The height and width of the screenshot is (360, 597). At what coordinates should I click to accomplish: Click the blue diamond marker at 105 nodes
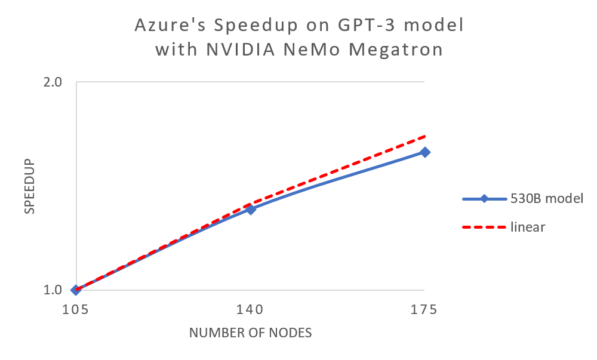[x=76, y=290]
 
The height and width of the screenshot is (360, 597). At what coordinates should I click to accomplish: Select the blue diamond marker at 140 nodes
[x=251, y=210]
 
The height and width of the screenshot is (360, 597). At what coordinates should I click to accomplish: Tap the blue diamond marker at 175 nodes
[x=425, y=152]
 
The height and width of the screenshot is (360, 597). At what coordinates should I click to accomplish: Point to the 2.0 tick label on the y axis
[x=53, y=82]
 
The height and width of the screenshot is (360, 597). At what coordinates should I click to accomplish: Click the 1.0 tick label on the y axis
[x=53, y=290]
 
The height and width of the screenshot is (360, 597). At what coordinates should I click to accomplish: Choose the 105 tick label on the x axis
[x=76, y=310]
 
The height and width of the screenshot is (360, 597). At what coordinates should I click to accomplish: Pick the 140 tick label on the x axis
[x=251, y=310]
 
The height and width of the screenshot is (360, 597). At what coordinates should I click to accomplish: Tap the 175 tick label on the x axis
[x=425, y=310]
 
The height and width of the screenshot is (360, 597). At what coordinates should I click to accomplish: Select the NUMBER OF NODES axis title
[x=251, y=333]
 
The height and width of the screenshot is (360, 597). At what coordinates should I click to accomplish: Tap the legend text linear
[x=528, y=227]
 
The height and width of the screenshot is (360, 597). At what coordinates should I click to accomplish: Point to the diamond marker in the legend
[x=484, y=199]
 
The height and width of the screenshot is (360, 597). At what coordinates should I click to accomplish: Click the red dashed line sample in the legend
[x=484, y=227]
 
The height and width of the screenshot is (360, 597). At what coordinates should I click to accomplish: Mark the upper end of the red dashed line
[x=424, y=136]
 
